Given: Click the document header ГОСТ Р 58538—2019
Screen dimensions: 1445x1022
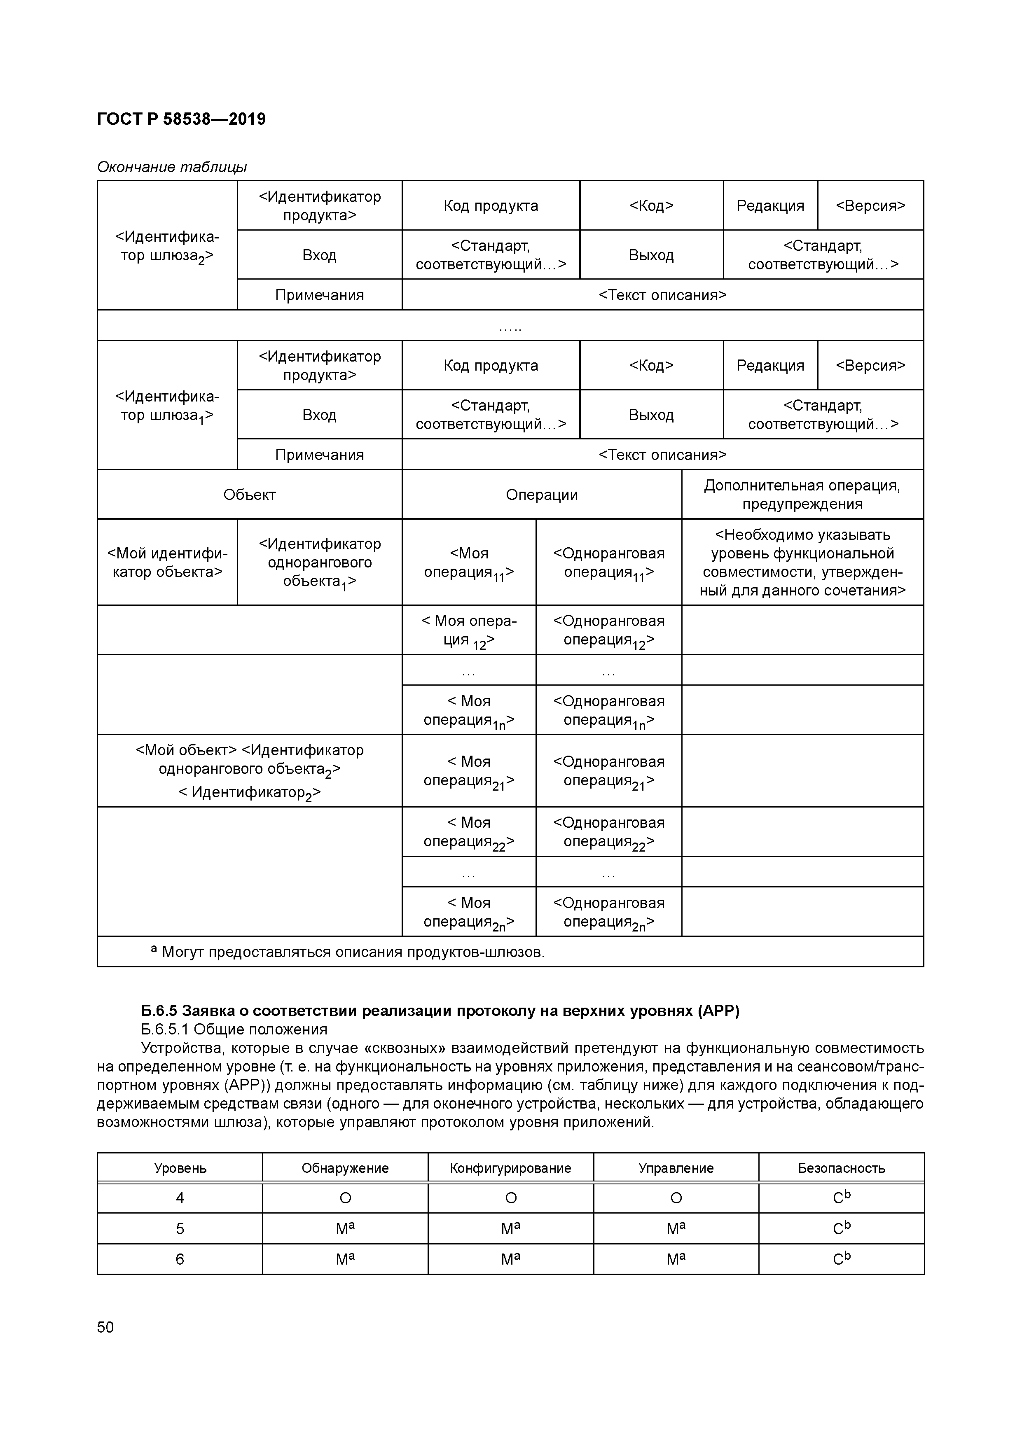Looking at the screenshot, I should point(181,119).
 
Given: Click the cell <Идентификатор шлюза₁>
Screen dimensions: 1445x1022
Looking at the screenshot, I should point(167,406).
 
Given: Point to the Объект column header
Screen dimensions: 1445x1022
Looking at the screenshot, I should point(249,495).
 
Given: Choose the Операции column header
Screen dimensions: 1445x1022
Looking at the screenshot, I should point(542,495).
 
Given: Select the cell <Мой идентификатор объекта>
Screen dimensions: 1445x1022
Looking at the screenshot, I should point(167,563).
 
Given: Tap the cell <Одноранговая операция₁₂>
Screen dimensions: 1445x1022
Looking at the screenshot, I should point(608,630).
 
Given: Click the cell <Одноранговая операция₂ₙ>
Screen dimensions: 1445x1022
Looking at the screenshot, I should point(608,913).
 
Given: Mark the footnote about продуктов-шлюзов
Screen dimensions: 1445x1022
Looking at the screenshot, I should point(348,952).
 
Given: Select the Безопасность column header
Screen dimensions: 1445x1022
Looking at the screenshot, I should point(841,1168).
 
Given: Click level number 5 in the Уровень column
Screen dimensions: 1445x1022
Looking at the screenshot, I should point(180,1228).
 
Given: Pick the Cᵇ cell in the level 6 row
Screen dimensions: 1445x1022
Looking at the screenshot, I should point(841,1259).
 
